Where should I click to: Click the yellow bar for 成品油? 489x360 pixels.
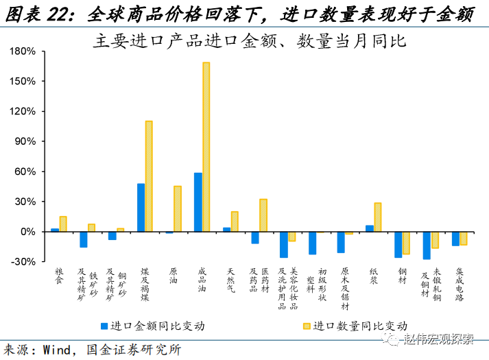tap(206, 147)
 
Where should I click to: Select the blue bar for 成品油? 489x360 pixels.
tap(198, 202)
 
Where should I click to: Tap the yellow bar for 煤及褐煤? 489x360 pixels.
tap(149, 176)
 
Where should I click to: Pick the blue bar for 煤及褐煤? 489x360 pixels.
tap(141, 208)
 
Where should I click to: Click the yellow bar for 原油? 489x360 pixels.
tap(178, 209)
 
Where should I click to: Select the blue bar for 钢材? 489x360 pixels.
tap(398, 245)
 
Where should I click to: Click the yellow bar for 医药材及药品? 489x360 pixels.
tap(263, 215)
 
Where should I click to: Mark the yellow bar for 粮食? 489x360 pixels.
tap(63, 224)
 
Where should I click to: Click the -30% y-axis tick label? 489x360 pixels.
tap(25, 262)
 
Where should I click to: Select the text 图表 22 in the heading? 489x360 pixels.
tap(37, 12)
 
